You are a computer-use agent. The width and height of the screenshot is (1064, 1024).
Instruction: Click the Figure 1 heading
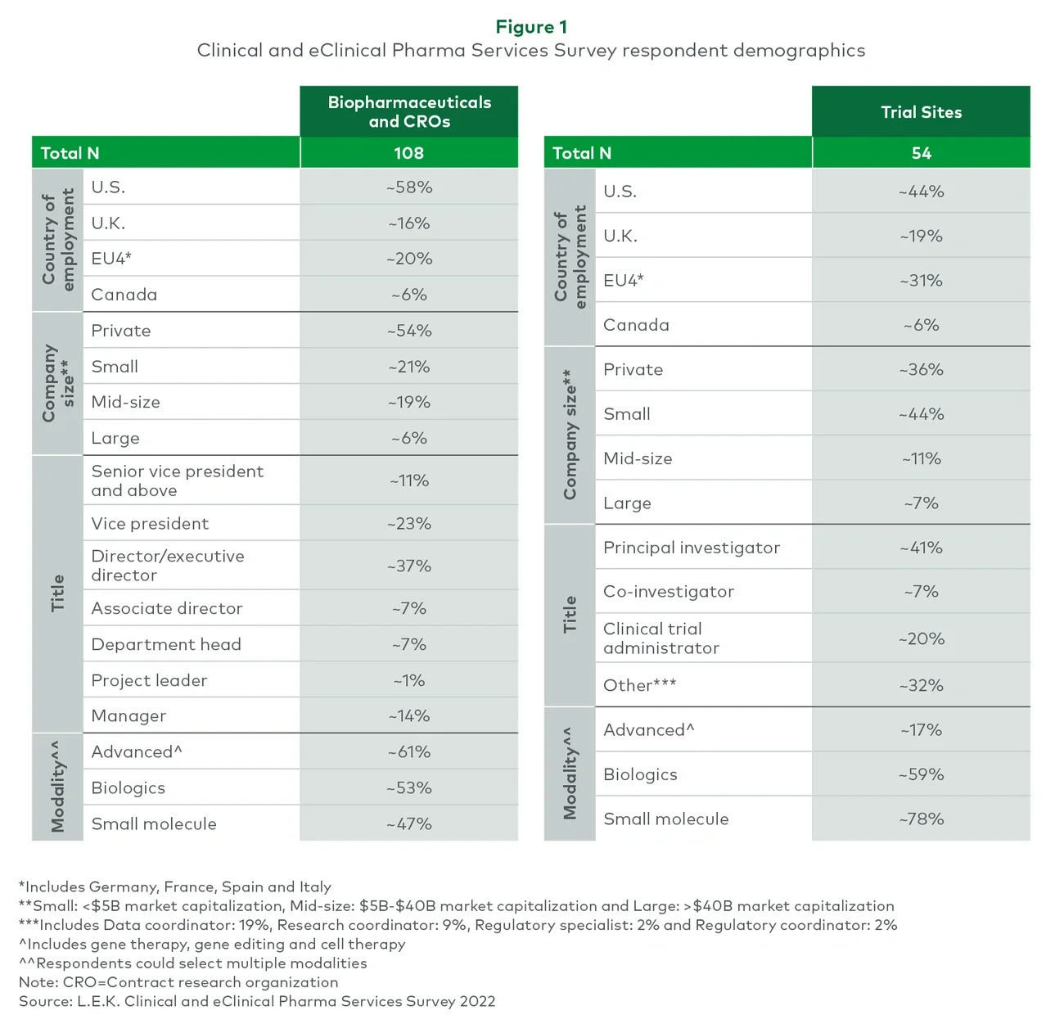pos(531,27)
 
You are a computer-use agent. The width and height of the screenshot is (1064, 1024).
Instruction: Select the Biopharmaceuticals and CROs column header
pos(409,112)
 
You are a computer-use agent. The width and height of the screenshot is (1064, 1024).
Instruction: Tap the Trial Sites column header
pos(921,112)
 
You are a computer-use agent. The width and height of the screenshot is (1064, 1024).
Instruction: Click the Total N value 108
pos(408,153)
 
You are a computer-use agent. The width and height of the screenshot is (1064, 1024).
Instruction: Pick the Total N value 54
pos(921,153)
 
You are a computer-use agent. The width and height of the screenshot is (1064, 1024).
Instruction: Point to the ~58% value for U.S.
pos(409,187)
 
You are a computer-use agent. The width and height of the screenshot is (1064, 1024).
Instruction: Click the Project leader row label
pos(149,680)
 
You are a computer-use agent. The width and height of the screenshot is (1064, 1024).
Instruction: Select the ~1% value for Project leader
pos(409,680)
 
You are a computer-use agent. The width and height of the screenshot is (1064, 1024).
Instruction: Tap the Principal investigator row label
pos(692,548)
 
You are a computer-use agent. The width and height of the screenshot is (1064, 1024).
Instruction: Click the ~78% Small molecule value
pos(921,819)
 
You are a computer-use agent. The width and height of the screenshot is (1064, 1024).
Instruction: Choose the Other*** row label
pos(639,685)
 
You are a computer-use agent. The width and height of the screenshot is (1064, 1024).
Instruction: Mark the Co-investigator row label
pos(669,592)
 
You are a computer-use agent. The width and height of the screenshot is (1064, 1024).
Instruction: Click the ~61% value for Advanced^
pos(409,751)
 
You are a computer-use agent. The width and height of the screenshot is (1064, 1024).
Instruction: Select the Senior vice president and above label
pos(177,480)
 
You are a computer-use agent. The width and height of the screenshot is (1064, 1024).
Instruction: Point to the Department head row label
pos(166,644)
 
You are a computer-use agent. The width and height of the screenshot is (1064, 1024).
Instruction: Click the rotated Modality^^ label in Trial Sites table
pos(570,774)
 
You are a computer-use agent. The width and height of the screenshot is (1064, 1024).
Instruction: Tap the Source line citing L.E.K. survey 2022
pos(257,1001)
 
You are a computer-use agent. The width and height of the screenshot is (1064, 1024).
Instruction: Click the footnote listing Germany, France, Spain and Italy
pos(175,886)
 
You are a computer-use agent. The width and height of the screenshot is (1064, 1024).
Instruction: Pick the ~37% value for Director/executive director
pos(409,566)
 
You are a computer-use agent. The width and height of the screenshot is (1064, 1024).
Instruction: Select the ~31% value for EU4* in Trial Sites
pos(921,281)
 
